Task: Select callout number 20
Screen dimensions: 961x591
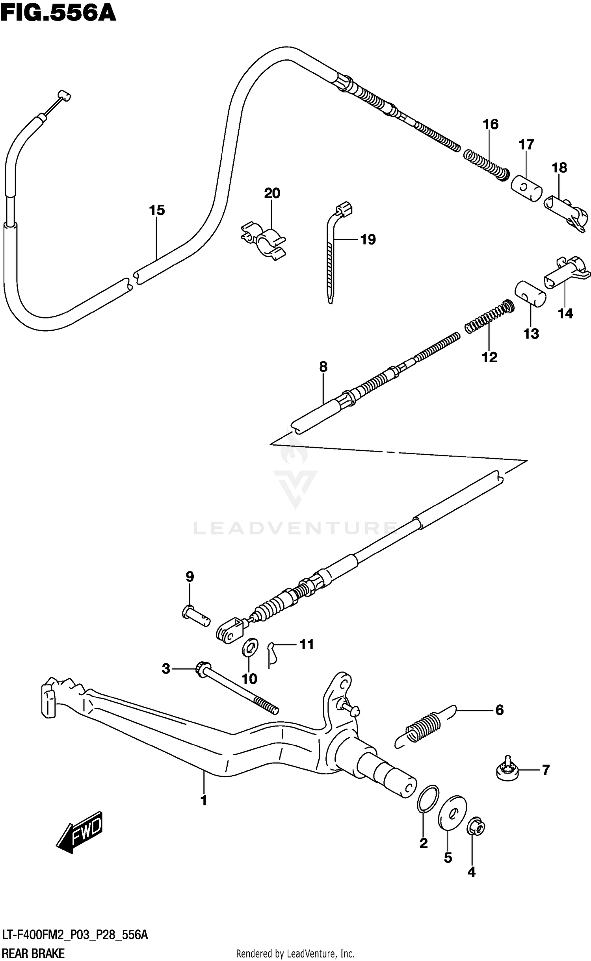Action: [272, 193]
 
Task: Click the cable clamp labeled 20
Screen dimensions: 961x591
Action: [263, 241]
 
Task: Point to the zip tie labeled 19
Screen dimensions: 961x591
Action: [331, 256]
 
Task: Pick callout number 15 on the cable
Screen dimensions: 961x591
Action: [156, 210]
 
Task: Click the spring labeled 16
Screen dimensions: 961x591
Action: [486, 165]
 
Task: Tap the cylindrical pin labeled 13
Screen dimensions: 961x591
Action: [530, 295]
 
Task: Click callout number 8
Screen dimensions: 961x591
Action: [323, 367]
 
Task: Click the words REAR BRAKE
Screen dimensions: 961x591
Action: [33, 954]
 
